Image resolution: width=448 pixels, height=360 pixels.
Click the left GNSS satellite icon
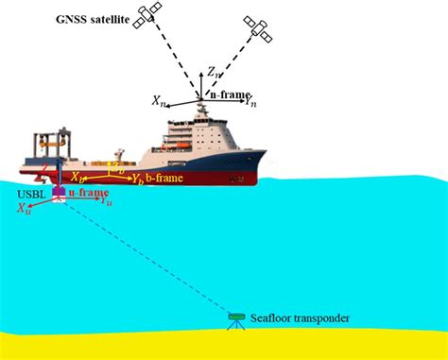point(149,14)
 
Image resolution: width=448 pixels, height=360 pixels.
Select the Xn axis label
point(159,97)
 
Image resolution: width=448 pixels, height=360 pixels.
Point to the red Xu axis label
point(23,211)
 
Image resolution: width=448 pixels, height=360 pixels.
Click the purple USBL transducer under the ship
point(59,192)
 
